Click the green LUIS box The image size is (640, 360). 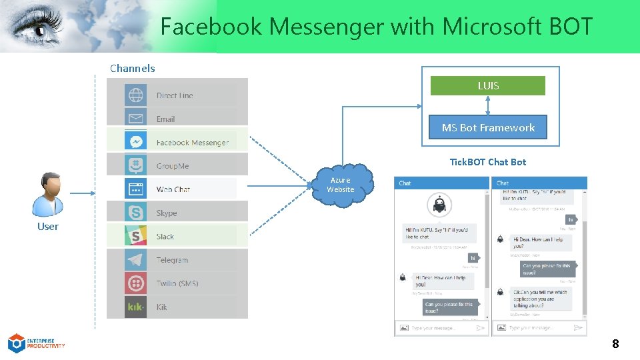(x=487, y=86)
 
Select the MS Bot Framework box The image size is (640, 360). (x=487, y=127)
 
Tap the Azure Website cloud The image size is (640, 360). (x=340, y=184)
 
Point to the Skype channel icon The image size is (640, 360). (x=135, y=213)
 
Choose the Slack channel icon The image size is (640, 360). (x=135, y=236)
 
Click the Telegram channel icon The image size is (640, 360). (x=135, y=259)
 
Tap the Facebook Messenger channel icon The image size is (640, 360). (x=135, y=142)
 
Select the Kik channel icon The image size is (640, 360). (x=135, y=307)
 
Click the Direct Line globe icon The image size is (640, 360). (x=135, y=95)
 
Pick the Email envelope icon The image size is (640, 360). (x=135, y=119)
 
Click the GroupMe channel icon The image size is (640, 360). (x=135, y=165)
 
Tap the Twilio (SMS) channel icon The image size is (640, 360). (x=135, y=283)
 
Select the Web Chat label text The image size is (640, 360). (x=173, y=189)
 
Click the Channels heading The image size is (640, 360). (x=132, y=68)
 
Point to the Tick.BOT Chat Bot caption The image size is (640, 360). (x=487, y=162)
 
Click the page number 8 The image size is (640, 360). (x=615, y=344)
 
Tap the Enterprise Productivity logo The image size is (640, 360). (x=36, y=343)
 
